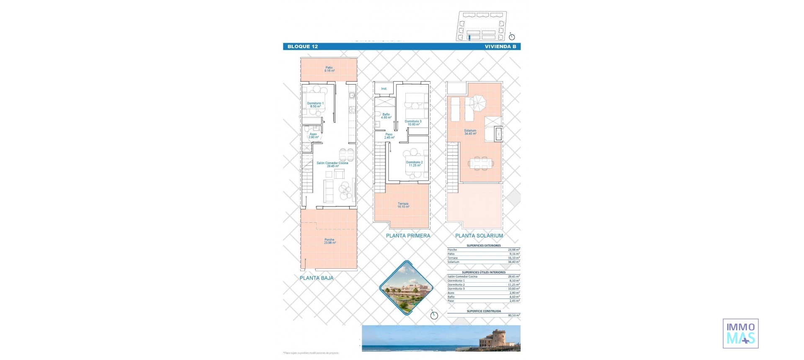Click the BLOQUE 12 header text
(302, 46)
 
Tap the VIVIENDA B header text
(500, 46)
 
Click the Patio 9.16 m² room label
(329, 69)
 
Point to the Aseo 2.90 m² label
(313, 136)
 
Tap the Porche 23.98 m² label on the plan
(330, 241)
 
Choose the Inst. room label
(384, 89)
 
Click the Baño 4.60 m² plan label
(386, 116)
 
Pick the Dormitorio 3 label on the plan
(413, 123)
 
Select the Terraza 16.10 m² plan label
(403, 205)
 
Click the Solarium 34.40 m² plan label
(470, 132)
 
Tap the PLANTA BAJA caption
(317, 278)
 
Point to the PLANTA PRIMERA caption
(408, 236)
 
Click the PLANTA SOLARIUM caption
(479, 236)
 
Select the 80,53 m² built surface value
(514, 315)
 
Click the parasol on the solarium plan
(477, 102)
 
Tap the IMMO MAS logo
(740, 334)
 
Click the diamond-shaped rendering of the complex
(406, 288)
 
